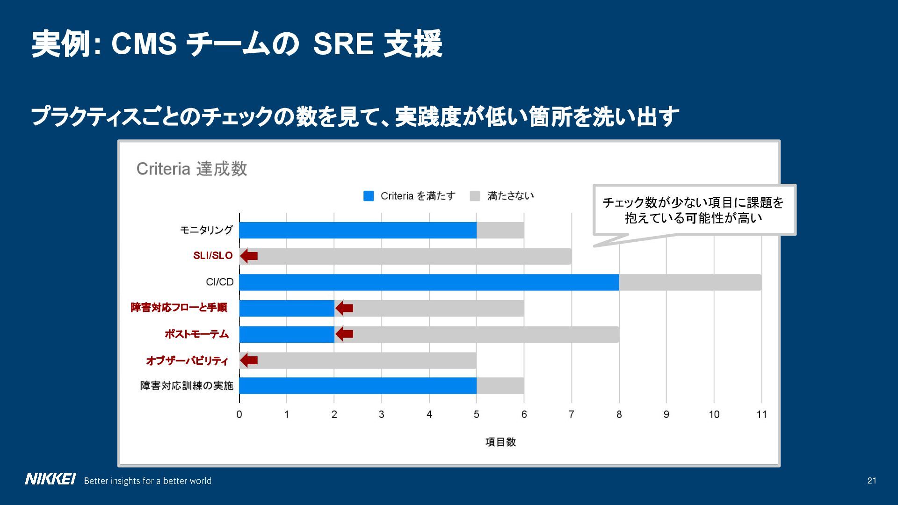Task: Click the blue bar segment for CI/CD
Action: pyautogui.click(x=429, y=282)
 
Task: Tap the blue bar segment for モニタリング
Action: pyautogui.click(x=358, y=230)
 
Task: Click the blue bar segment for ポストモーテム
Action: pyautogui.click(x=287, y=334)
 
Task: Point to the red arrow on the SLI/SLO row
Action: pyautogui.click(x=249, y=256)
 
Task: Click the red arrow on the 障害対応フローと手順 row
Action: pyautogui.click(x=344, y=308)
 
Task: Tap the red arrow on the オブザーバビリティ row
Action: pyautogui.click(x=249, y=361)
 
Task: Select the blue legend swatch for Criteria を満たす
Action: pyautogui.click(x=369, y=196)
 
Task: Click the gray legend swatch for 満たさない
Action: pyautogui.click(x=475, y=196)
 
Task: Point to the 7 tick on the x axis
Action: pyautogui.click(x=571, y=414)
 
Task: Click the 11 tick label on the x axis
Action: pyautogui.click(x=761, y=414)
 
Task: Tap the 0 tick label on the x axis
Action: pyautogui.click(x=239, y=414)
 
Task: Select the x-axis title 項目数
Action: pyautogui.click(x=500, y=442)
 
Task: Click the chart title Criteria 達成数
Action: pyautogui.click(x=192, y=169)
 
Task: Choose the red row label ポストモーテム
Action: pyautogui.click(x=196, y=334)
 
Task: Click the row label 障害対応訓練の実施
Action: pyautogui.click(x=187, y=386)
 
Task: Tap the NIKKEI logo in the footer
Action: pyautogui.click(x=50, y=480)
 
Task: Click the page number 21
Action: pyautogui.click(x=872, y=481)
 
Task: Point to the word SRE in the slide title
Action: pyautogui.click(x=343, y=44)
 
